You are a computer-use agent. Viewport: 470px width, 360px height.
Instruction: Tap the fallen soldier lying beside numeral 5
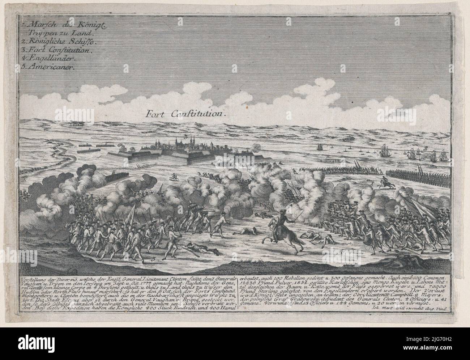click(x=195, y=250)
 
